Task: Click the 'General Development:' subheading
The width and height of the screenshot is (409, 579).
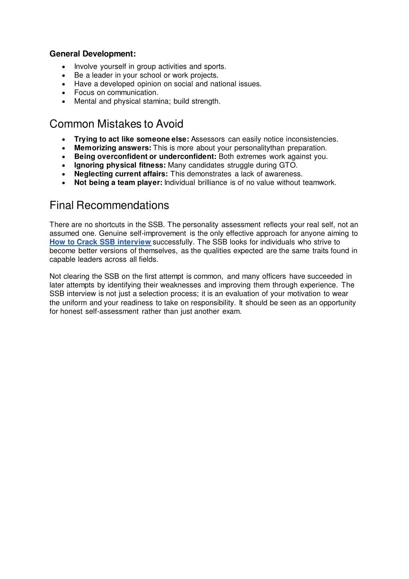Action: pyautogui.click(x=92, y=54)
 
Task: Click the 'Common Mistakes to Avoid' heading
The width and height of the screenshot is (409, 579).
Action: pyautogui.click(x=116, y=124)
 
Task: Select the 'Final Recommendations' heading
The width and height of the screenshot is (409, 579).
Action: pyautogui.click(x=109, y=205)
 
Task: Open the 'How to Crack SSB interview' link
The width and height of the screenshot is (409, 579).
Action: pyautogui.click(x=100, y=242)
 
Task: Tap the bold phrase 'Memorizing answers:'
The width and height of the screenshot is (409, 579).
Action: pyautogui.click(x=112, y=148)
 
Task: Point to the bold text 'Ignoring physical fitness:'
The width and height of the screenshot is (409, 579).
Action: pyautogui.click(x=120, y=165)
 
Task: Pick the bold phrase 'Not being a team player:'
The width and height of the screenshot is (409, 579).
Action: pyautogui.click(x=118, y=183)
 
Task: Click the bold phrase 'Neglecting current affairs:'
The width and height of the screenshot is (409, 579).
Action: pyautogui.click(x=121, y=174)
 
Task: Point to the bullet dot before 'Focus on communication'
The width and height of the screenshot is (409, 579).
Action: pyautogui.click(x=64, y=93)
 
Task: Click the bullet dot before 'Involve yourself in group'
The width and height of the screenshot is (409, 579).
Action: pyautogui.click(x=64, y=67)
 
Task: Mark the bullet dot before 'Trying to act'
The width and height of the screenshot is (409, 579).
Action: pyautogui.click(x=64, y=140)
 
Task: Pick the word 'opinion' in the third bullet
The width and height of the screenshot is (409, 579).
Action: pyautogui.click(x=149, y=84)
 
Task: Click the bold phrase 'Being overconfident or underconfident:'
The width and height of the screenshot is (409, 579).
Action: pyautogui.click(x=145, y=157)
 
